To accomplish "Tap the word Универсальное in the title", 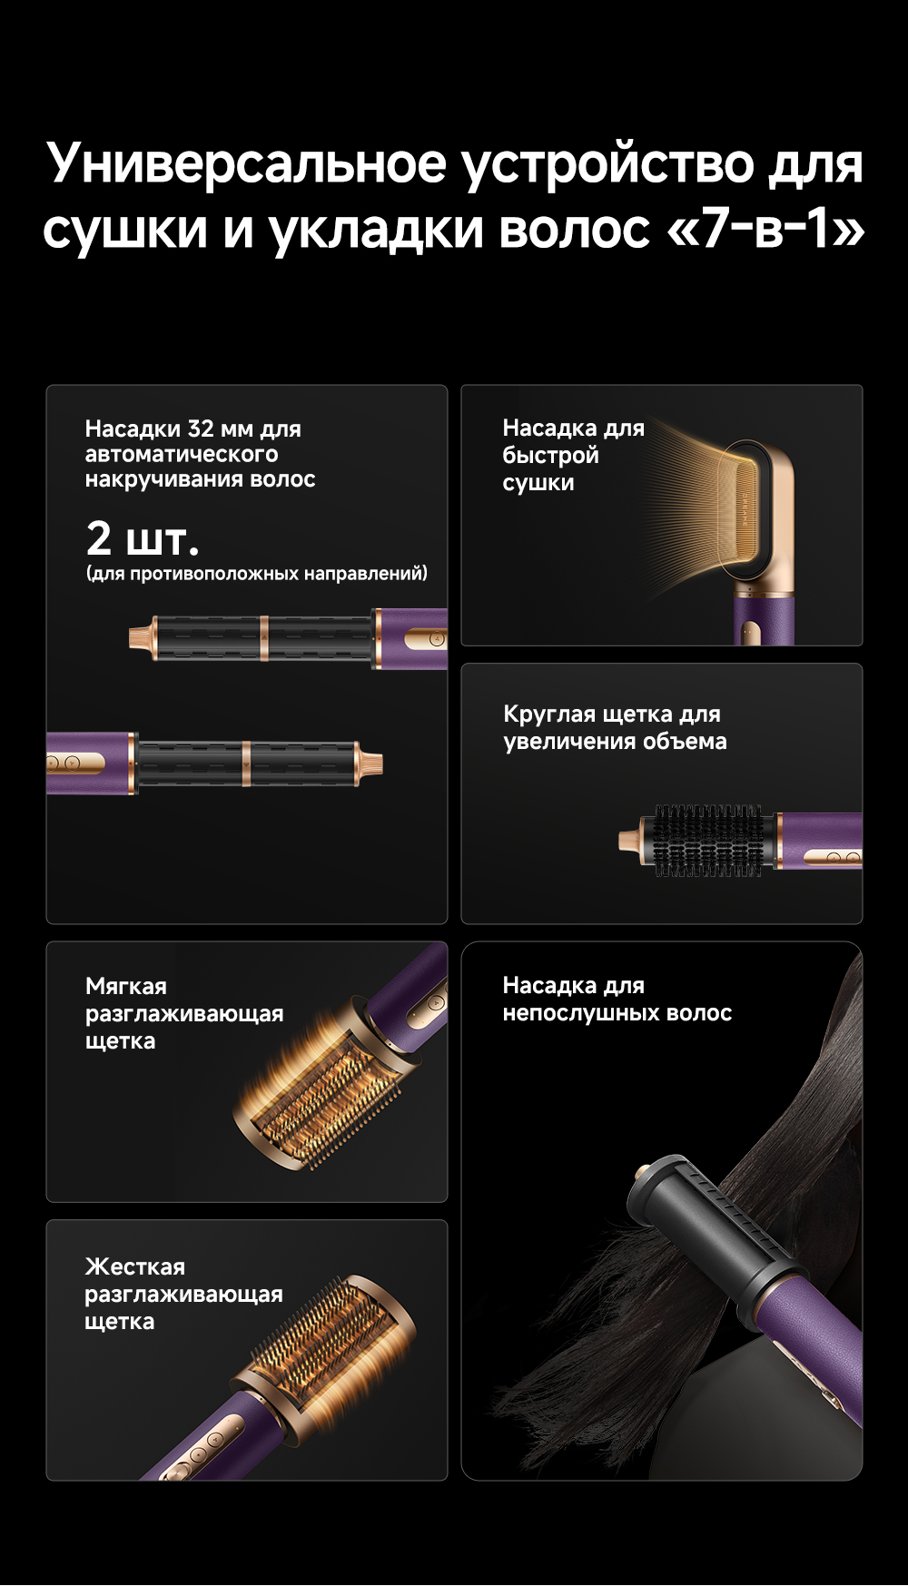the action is click(246, 163).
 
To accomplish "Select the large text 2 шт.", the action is click(143, 538).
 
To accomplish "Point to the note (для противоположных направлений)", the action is click(256, 574).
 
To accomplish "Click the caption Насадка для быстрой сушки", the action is click(573, 455).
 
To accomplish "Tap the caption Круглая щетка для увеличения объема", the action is click(615, 727).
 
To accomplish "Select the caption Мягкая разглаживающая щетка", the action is click(184, 1013).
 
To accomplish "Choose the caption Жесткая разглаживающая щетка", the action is click(183, 1294).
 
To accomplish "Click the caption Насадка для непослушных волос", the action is click(617, 999).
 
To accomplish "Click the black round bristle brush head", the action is click(708, 840).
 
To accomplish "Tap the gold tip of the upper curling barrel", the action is click(140, 636).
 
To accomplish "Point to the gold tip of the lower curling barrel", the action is click(370, 763).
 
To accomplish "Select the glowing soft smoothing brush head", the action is click(322, 1085).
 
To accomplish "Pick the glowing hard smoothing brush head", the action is click(327, 1339).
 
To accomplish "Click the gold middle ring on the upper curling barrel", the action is click(263, 639).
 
